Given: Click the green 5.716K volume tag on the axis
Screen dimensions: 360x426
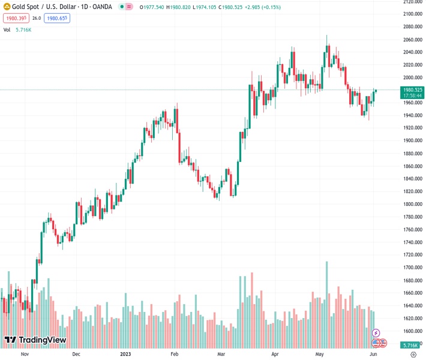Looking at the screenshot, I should (411, 346).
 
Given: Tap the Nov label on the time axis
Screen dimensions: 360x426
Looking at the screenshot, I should (25, 354).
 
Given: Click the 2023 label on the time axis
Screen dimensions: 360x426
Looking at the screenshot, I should (125, 354).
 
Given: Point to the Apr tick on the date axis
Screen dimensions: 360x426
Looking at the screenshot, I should (274, 354).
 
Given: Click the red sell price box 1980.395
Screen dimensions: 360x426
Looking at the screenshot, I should (15, 18).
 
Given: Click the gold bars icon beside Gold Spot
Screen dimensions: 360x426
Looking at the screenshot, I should (7, 7).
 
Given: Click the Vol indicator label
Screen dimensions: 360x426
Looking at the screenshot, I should (7, 29).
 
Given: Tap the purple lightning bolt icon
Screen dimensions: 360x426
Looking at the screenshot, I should (376, 332).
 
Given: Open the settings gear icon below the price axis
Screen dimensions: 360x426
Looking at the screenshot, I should (413, 355).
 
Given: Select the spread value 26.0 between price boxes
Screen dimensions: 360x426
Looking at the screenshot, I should (37, 18).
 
